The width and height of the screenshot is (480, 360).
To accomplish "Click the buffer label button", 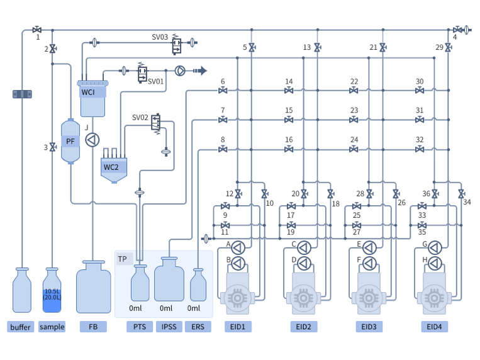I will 21,327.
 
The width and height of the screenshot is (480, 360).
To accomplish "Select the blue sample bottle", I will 52,291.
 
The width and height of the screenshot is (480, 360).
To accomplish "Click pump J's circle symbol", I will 92,139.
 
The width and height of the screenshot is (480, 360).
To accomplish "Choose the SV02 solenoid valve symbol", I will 156,123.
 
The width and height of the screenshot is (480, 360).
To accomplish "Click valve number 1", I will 37,30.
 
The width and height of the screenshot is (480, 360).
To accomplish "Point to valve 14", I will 289,91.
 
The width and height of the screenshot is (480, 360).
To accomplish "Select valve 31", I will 420,120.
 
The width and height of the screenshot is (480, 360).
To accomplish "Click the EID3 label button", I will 369,327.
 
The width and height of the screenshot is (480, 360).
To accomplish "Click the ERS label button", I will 198,327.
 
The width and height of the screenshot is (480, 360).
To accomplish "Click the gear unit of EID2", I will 303,295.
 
